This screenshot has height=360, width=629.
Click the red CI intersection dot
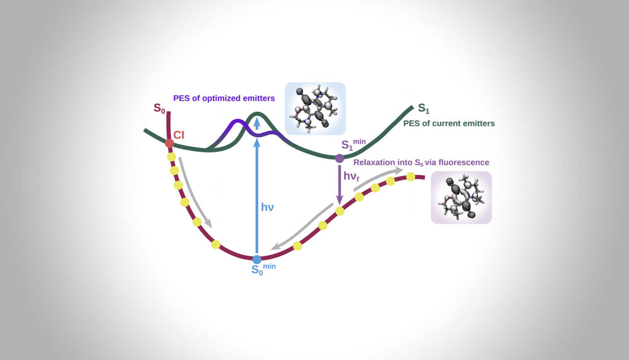coord(170,143)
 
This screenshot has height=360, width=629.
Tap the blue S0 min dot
coord(257,260)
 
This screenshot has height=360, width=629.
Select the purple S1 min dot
coord(339,158)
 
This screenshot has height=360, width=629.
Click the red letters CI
coord(179,135)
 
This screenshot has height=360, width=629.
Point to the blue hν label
coord(267,207)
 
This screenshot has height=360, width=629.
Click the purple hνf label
coord(351,176)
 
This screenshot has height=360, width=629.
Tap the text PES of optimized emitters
coord(224,98)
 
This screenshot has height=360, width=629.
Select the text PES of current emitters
coord(449,123)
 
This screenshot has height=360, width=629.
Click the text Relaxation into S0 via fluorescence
coord(421,163)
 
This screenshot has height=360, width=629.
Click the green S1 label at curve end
coord(424,108)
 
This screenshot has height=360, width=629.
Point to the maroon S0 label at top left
coord(159,108)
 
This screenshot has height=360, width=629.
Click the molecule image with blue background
coord(315,108)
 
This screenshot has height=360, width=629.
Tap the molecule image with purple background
coord(461,197)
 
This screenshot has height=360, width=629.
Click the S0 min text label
coord(264,269)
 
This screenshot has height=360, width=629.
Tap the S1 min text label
coord(353,144)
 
